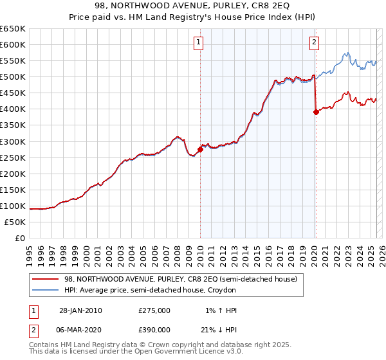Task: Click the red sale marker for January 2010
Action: click(x=200, y=149)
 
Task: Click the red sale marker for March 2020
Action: click(x=316, y=112)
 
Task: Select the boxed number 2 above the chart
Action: click(x=314, y=43)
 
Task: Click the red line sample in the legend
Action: click(x=45, y=279)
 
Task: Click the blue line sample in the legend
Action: click(x=45, y=290)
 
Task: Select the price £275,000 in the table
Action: click(x=154, y=310)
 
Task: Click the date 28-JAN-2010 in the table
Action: click(x=80, y=310)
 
